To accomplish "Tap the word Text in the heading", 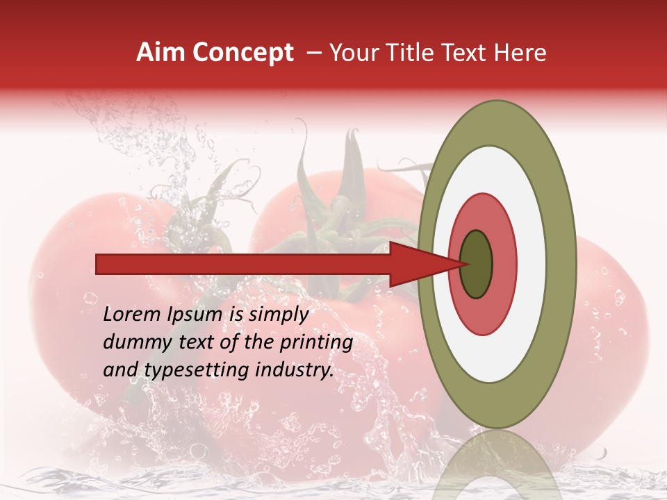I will click(470, 53).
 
